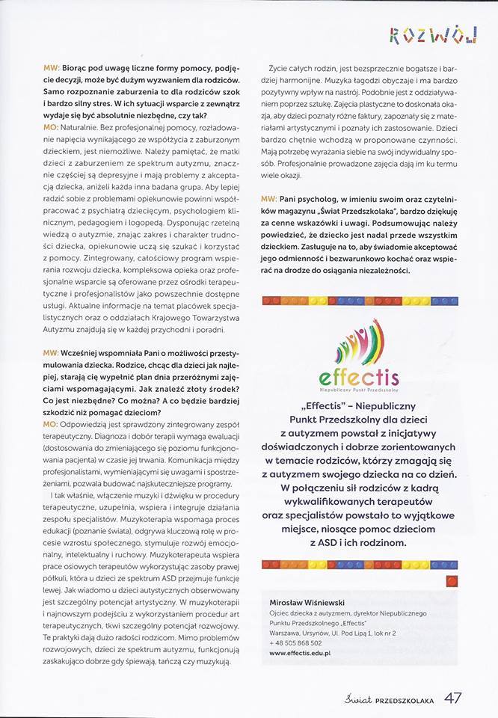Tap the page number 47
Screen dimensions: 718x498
[453, 699]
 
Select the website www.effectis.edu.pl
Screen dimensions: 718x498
[300, 653]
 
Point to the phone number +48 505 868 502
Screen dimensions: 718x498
[295, 642]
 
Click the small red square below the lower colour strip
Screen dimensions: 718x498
[452, 579]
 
